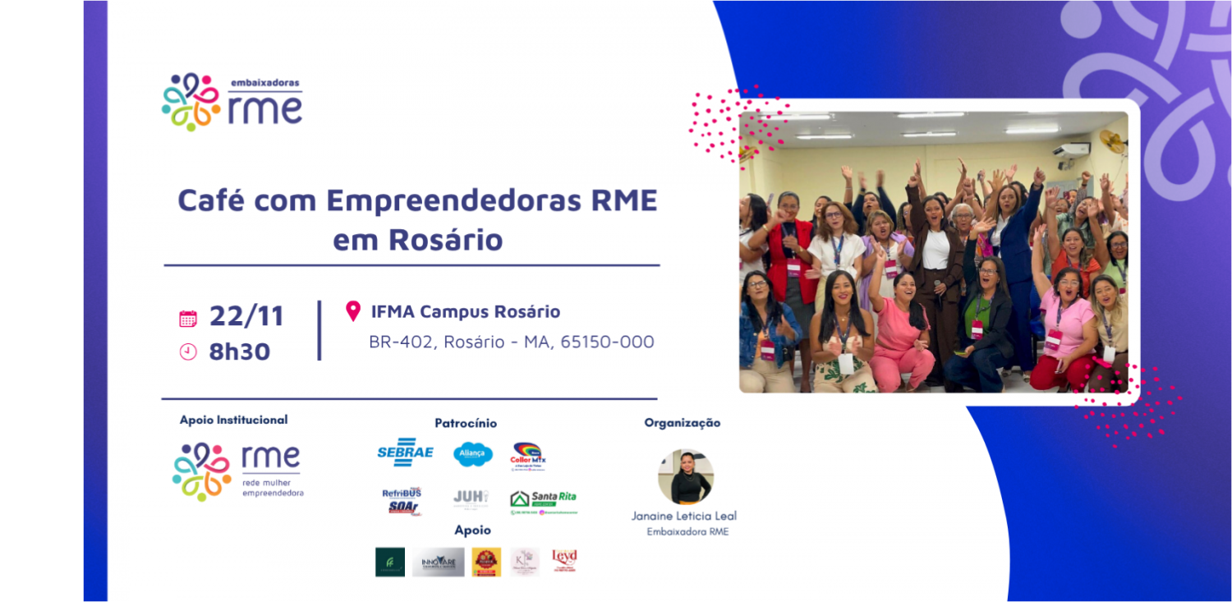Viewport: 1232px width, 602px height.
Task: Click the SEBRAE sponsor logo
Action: pos(405,453)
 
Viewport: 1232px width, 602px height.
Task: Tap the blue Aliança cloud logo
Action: pos(473,453)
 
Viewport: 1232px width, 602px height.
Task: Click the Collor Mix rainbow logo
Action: pos(528,455)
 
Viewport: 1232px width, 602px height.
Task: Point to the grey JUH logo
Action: pos(471,498)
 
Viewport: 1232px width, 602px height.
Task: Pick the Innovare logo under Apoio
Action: pos(438,562)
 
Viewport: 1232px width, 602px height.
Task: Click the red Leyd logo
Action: pos(564,560)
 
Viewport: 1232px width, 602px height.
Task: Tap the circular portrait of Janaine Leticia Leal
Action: pos(685,477)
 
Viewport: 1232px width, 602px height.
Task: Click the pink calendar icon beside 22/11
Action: pos(188,319)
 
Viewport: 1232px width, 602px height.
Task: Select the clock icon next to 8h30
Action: pos(188,352)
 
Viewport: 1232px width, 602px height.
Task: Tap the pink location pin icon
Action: pos(353,311)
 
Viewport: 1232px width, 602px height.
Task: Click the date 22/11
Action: pos(246,316)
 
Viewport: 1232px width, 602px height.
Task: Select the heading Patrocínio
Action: pos(466,423)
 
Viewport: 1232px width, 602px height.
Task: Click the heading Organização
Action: pos(682,423)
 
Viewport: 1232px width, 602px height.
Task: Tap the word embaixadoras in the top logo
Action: pos(264,84)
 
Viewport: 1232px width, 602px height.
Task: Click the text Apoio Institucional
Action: pos(233,420)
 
